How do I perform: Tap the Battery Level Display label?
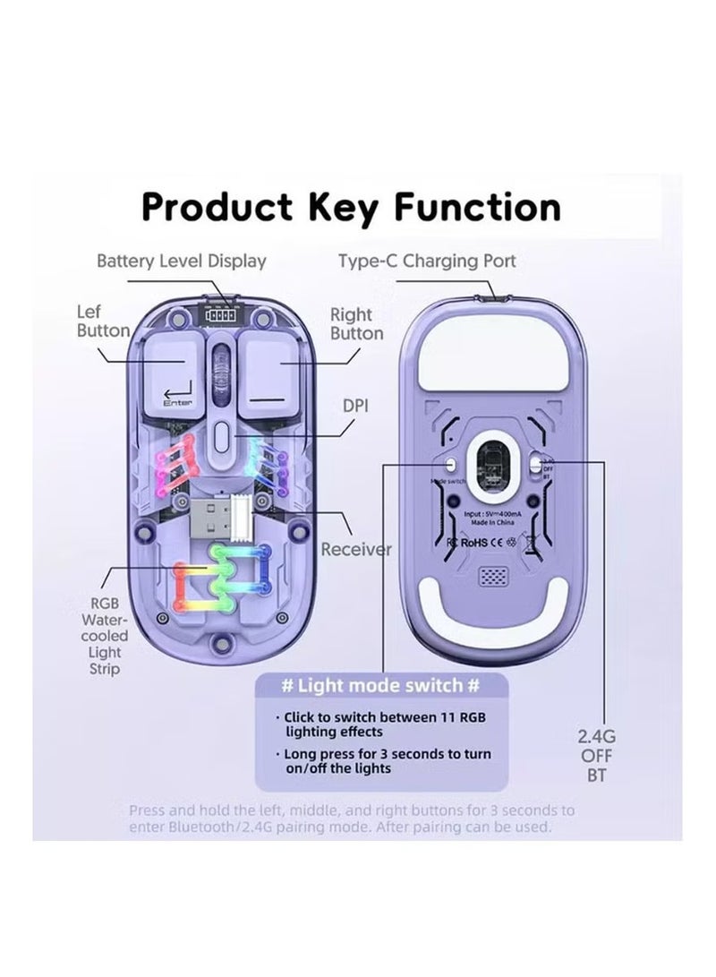pos(182,261)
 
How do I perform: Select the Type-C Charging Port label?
pos(427,261)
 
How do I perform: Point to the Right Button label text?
pos(356,324)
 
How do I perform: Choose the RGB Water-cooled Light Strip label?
pos(107,635)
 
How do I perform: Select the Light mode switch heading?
pos(380,687)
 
